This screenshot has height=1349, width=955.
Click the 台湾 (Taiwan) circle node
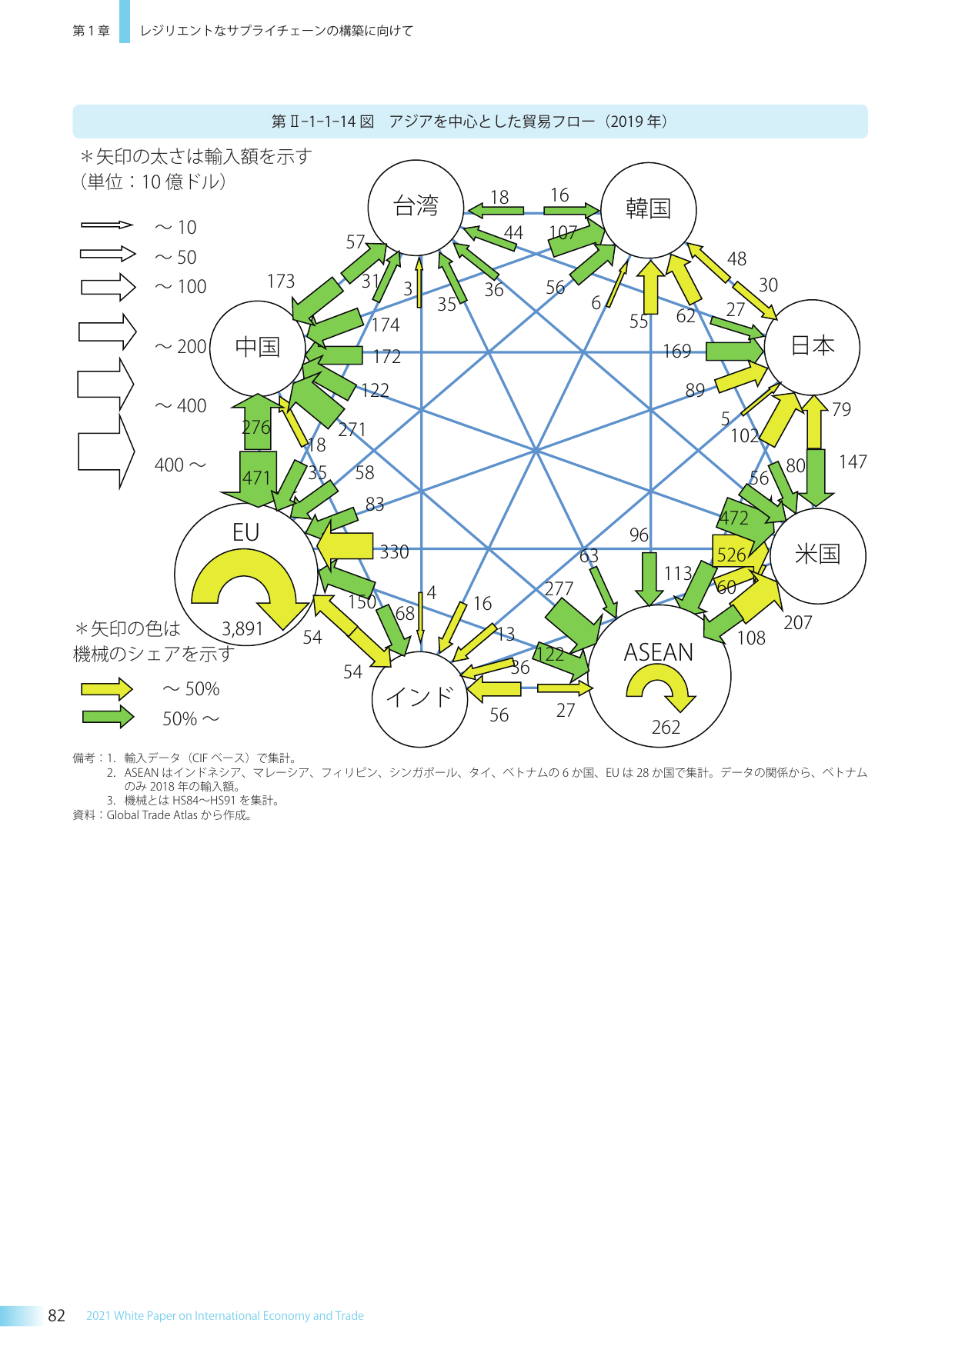point(416,207)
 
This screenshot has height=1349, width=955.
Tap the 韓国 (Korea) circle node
point(648,209)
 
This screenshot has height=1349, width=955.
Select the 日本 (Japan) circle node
point(812,347)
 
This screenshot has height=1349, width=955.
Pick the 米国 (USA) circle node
point(817,555)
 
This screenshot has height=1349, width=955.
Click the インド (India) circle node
point(419,698)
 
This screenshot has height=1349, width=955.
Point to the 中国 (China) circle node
point(257,348)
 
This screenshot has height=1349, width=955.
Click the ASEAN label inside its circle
point(658,652)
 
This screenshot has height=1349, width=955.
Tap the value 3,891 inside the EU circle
point(242,629)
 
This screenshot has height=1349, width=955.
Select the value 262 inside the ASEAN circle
point(666,728)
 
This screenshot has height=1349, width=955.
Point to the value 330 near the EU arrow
point(394,552)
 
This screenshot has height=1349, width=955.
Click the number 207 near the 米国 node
point(797,623)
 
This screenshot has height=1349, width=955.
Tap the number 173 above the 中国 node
point(281,281)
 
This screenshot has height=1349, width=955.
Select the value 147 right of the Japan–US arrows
point(853,462)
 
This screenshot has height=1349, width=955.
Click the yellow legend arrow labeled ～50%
point(107,688)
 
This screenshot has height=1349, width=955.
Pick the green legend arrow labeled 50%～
point(107,717)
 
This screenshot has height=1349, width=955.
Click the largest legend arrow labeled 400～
point(106,451)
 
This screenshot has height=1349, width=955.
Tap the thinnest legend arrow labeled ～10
point(107,225)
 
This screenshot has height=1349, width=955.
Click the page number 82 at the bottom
point(56,1315)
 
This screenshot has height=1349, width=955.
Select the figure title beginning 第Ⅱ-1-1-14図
point(469,122)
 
